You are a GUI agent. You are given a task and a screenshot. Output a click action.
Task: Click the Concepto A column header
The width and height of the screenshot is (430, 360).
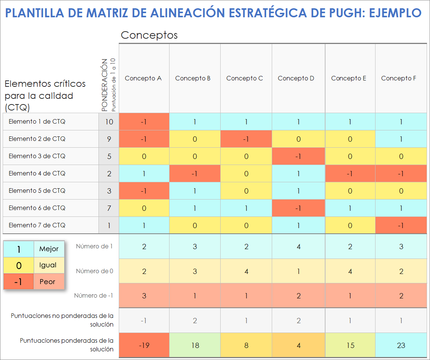coord(143,78)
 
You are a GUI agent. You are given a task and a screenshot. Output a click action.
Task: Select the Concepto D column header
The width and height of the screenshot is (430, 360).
coord(296,78)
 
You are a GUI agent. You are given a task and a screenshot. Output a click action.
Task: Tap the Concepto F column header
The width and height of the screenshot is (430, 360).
coord(398,78)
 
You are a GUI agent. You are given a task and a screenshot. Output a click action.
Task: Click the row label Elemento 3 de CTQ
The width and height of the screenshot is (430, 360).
coord(37,156)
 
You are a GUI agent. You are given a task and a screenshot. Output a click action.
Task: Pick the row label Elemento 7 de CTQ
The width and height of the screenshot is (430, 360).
coord(37,225)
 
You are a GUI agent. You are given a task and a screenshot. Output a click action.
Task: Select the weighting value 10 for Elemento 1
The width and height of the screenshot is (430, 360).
coord(109,122)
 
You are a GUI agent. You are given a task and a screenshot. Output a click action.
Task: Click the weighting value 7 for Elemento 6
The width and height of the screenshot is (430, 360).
coord(109,208)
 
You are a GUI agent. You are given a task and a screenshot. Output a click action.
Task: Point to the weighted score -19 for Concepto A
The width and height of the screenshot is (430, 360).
coord(144,345)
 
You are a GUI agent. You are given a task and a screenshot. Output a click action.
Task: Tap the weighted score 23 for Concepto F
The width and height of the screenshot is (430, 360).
coord(401,345)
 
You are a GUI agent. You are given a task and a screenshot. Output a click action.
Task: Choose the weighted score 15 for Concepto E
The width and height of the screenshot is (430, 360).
coord(350,345)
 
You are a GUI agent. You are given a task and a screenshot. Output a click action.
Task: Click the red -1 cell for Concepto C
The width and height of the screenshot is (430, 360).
coord(246,139)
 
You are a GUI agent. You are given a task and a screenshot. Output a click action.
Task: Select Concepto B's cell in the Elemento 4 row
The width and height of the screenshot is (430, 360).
coord(195,174)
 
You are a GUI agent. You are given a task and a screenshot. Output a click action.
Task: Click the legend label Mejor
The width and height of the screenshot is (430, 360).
coord(49,249)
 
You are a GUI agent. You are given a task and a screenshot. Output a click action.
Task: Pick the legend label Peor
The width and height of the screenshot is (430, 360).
coord(47,281)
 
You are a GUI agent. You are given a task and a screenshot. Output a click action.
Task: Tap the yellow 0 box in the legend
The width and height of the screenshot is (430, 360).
coord(19,266)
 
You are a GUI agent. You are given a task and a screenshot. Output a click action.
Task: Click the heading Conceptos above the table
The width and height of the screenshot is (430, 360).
coord(149,35)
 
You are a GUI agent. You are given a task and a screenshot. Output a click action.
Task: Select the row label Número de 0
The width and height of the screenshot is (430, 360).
coord(94,271)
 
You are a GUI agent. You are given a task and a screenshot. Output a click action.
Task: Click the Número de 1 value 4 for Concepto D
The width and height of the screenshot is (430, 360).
coord(298,247)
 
